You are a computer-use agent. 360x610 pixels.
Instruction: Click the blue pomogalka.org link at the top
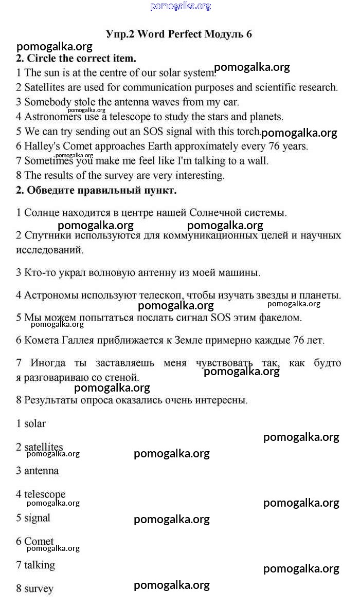pyautogui.click(x=181, y=6)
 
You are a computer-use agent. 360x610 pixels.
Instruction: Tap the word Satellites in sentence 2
pyautogui.click(x=45, y=87)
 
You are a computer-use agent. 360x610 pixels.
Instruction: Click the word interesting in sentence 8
pyautogui.click(x=197, y=175)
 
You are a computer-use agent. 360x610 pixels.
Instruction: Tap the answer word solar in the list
pyautogui.click(x=35, y=424)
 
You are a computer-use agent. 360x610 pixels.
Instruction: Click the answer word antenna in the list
pyautogui.click(x=41, y=471)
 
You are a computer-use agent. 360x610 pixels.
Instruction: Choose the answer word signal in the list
pyautogui.click(x=37, y=518)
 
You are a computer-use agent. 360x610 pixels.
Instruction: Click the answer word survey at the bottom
pyautogui.click(x=39, y=589)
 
